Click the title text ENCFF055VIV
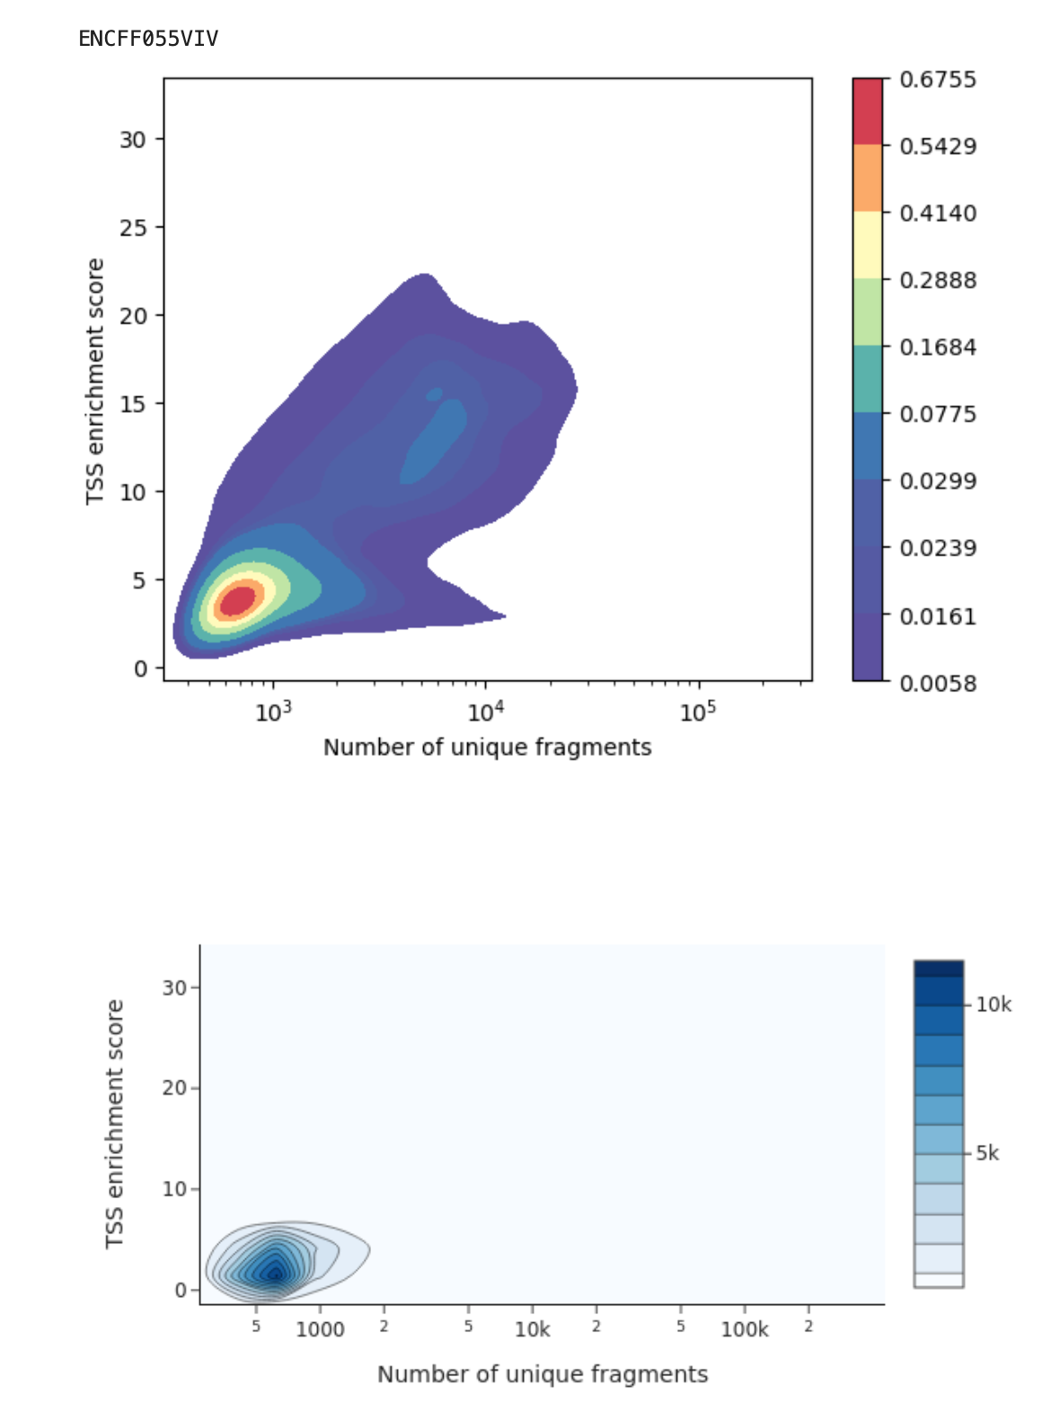point(148,39)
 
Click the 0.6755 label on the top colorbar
point(937,80)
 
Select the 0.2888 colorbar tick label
point(937,280)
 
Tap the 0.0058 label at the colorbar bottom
point(937,683)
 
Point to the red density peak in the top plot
point(238,600)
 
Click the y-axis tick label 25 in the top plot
point(132,227)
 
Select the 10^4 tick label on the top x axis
point(485,713)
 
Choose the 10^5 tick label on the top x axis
point(697,713)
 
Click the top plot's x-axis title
point(487,748)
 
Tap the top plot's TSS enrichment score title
point(95,382)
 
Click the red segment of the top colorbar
point(867,111)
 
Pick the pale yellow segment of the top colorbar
point(867,244)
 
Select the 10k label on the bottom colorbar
point(994,1005)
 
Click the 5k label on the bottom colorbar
point(987,1153)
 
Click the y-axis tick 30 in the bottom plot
point(174,988)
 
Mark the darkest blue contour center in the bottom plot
point(275,1272)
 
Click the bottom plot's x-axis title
point(542,1374)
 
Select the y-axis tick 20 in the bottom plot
point(174,1089)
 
